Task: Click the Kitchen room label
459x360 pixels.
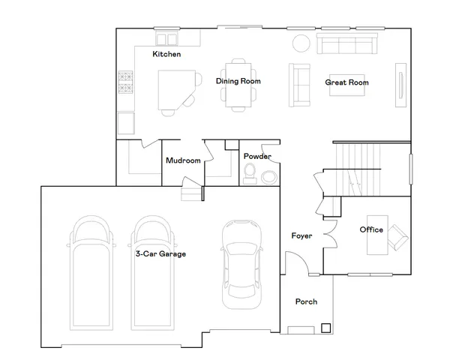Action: click(166, 55)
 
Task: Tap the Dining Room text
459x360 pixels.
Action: click(238, 81)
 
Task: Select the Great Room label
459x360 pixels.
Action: click(346, 82)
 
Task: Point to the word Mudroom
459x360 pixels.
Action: click(183, 160)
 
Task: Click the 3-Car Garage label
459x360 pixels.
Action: click(160, 254)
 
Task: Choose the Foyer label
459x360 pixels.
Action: click(301, 236)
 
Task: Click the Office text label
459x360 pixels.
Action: click(371, 229)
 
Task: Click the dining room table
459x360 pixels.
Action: click(238, 82)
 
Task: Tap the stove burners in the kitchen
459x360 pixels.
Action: click(125, 84)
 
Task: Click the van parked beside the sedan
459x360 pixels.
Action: click(156, 274)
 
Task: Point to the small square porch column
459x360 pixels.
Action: click(325, 327)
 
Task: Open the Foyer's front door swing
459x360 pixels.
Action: click(296, 264)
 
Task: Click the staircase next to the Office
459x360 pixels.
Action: click(358, 169)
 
